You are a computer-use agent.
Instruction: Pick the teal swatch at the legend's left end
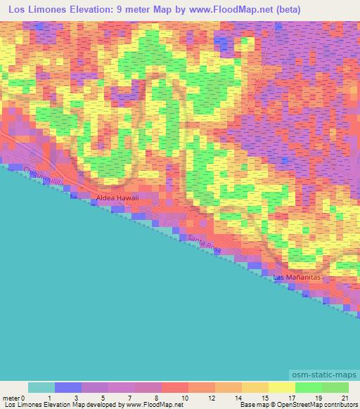(41, 387)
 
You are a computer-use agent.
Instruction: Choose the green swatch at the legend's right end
(335, 387)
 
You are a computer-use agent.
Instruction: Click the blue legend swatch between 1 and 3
(67, 387)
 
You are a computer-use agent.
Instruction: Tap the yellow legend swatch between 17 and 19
(281, 387)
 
